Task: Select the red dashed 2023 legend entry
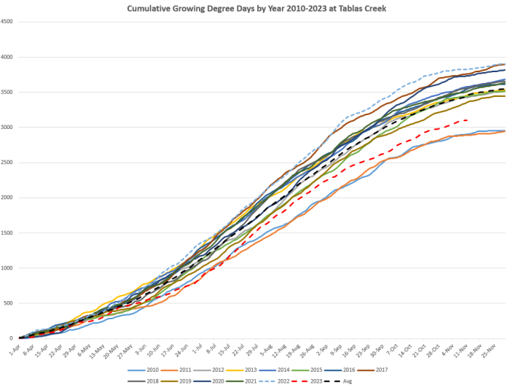click(328, 380)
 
